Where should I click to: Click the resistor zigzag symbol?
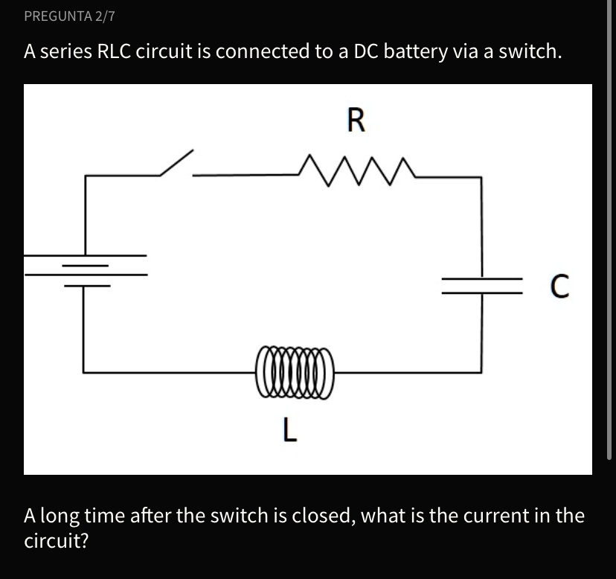point(355,168)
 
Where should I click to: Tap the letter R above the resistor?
point(356,121)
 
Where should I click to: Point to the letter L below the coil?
point(290,429)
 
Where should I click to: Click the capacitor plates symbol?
point(481,285)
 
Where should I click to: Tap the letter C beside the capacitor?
point(559,286)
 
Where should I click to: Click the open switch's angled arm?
point(176,163)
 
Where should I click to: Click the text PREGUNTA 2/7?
point(68,15)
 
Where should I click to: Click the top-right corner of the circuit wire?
point(481,177)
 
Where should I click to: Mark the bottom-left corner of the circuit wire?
point(83,371)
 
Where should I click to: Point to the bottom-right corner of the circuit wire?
point(481,371)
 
